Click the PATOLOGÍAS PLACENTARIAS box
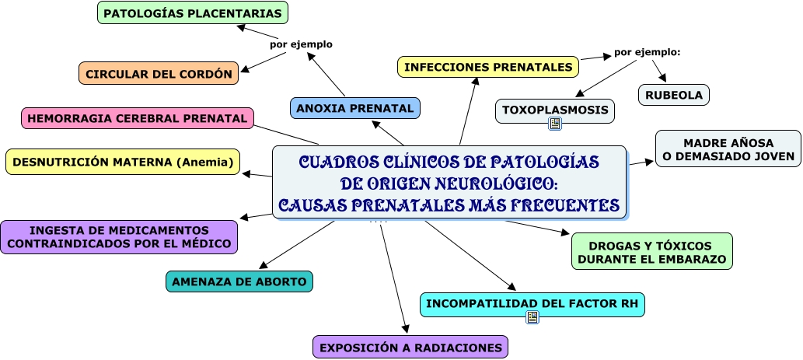tap(193, 13)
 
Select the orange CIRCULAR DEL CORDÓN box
tap(159, 74)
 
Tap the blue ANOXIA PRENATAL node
tap(355, 108)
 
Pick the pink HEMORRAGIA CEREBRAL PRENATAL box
tap(137, 118)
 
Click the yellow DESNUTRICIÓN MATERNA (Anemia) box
tap(124, 162)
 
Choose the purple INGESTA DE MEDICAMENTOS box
tap(119, 237)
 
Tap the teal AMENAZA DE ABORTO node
tap(239, 281)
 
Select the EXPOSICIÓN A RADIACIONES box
tap(410, 347)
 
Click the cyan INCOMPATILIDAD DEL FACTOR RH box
tap(532, 302)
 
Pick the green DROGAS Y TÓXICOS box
tap(652, 251)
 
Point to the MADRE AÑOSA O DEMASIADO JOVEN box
tap(728, 149)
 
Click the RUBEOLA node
tap(674, 95)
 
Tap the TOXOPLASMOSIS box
tap(555, 110)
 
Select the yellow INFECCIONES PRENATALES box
tap(488, 67)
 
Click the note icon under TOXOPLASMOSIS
tap(555, 124)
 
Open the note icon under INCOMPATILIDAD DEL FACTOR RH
tap(532, 317)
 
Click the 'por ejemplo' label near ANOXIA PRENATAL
tap(301, 44)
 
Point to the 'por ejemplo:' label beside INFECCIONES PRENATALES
tap(647, 52)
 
